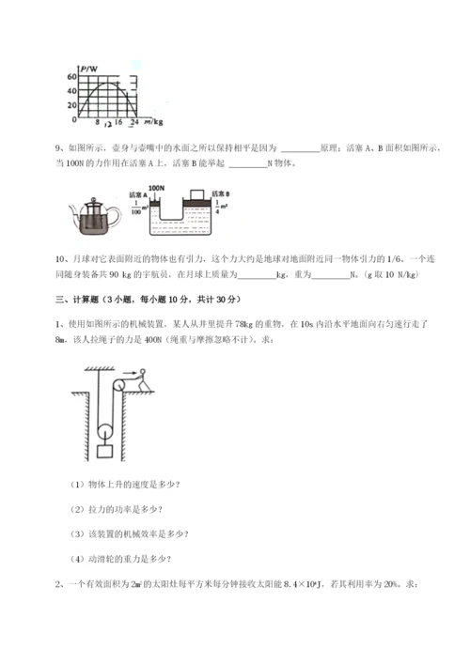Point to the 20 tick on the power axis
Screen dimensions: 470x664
[x=72, y=105]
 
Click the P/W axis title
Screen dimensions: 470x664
[x=89, y=68]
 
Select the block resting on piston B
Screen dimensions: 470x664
[x=198, y=196]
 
